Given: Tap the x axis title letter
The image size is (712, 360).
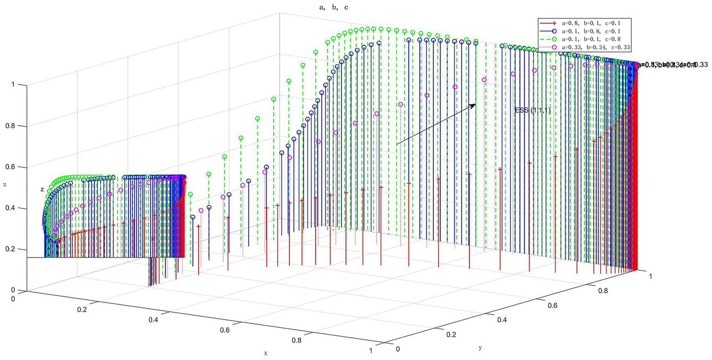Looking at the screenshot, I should click(x=266, y=353).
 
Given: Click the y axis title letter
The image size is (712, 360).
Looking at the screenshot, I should click(x=479, y=347).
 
